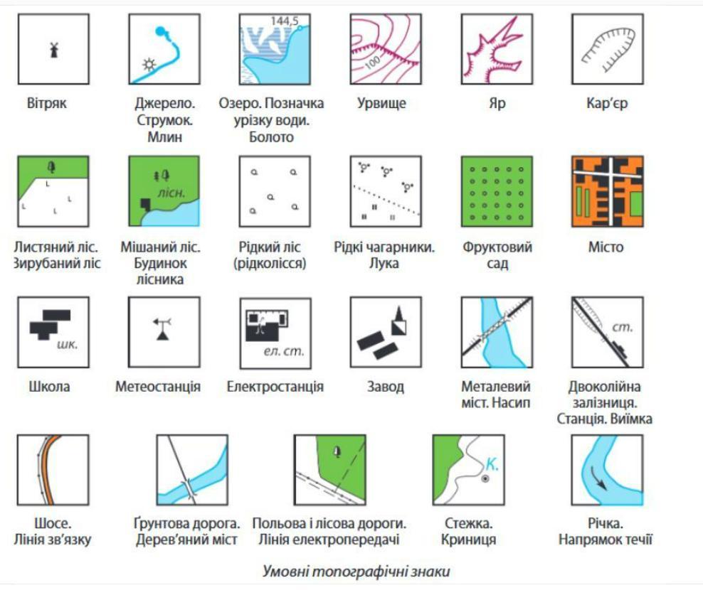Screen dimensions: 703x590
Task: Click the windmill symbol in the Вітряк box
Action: click(x=54, y=50)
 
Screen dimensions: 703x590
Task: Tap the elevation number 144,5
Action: click(x=284, y=21)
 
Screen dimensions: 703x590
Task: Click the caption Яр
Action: click(x=497, y=103)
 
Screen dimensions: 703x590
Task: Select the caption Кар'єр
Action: click(x=607, y=103)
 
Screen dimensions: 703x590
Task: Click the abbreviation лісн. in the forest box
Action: click(x=171, y=193)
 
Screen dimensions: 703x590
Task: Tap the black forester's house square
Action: click(x=146, y=204)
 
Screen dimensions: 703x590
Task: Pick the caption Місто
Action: click(x=606, y=247)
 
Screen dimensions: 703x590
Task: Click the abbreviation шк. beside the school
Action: click(x=68, y=345)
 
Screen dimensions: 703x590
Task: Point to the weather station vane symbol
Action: click(x=162, y=329)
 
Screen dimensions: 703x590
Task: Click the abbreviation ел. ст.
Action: click(x=284, y=350)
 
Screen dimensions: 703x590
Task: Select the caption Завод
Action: click(x=386, y=386)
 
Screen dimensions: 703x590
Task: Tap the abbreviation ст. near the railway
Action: click(x=623, y=328)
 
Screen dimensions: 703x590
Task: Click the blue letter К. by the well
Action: click(x=492, y=464)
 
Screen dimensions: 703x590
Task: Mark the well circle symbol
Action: click(x=485, y=479)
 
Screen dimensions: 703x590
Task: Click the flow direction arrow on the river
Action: click(x=598, y=478)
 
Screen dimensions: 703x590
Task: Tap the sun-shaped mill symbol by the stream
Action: click(x=149, y=65)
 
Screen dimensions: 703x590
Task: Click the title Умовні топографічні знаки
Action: click(x=356, y=572)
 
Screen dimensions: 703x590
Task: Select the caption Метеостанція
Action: click(x=158, y=386)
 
